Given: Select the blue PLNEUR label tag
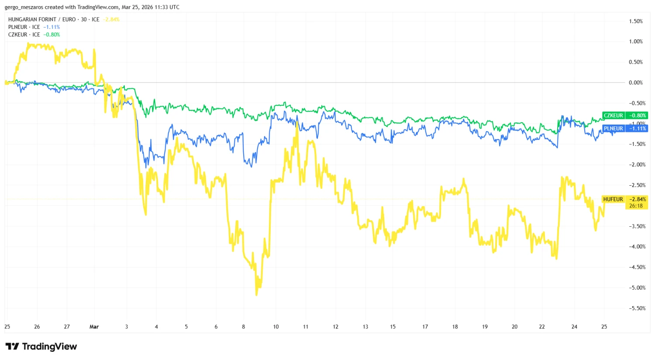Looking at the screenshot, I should click(613, 128).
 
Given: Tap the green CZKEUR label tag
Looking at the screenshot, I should click(613, 115).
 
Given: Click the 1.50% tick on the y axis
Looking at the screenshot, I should click(635, 21).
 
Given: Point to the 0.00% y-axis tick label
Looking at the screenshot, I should click(635, 83).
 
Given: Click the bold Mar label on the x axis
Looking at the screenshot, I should click(94, 327).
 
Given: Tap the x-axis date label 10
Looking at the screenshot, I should click(276, 327).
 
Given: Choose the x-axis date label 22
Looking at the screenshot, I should click(542, 327).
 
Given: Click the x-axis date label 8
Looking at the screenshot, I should click(244, 327).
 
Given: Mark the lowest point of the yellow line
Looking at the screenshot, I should click(256, 295).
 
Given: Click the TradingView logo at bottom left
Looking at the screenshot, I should click(41, 346).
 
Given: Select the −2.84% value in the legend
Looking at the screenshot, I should click(111, 20).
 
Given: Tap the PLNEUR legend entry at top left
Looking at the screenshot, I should click(24, 27).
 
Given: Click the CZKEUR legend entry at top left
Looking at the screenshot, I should click(24, 35).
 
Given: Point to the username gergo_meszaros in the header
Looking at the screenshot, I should click(24, 7).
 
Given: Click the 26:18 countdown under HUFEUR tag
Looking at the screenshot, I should click(636, 206).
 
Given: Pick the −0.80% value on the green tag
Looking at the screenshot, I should click(638, 115).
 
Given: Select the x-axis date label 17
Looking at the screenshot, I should click(425, 327).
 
